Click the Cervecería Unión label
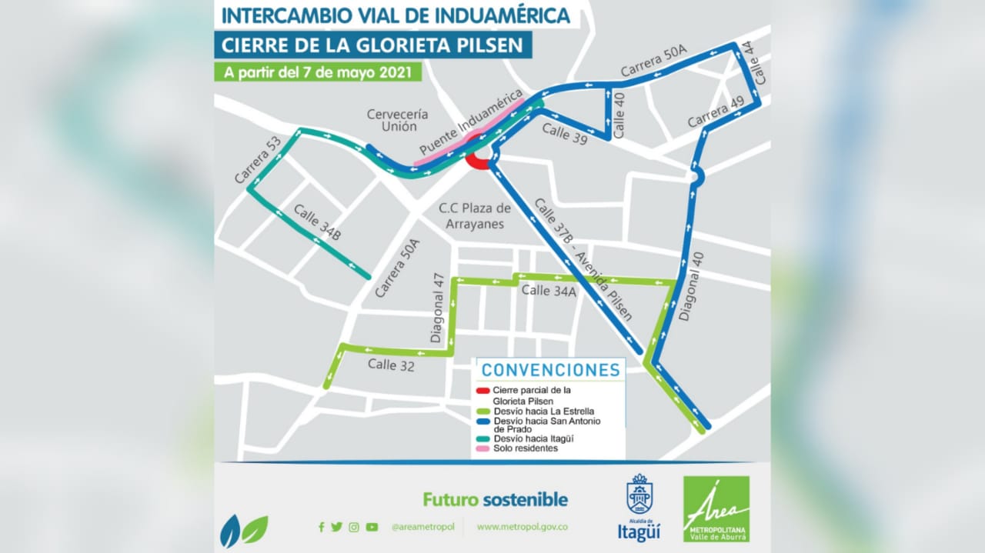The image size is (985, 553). pos(397,120)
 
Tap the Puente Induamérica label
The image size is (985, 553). pos(466,127)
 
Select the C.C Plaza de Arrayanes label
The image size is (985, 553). pos(475,215)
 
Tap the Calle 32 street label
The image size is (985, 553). pos(391,365)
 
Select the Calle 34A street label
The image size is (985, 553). pos(549,291)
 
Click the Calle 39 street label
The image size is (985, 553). pos(564,133)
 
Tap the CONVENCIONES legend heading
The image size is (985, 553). pos(550,370)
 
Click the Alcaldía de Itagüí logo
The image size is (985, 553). pos(639,508)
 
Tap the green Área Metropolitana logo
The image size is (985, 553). pos(716,508)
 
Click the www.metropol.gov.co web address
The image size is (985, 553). pos(523,527)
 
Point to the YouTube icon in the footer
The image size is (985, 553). pos(372,527)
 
